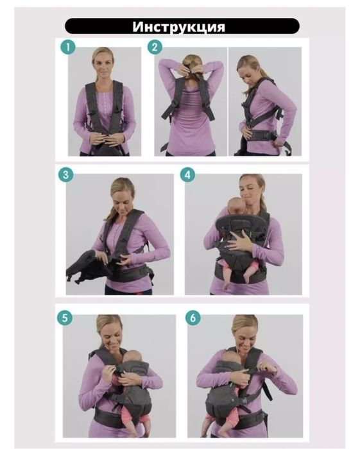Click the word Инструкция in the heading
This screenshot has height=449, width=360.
pyautogui.click(x=178, y=27)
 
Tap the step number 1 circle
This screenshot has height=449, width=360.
pyautogui.click(x=68, y=47)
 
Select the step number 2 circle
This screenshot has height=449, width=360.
pyautogui.click(x=155, y=47)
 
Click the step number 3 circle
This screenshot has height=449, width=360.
pyautogui.click(x=65, y=174)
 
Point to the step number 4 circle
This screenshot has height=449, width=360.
pyautogui.click(x=187, y=174)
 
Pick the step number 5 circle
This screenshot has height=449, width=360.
pyautogui.click(x=64, y=318)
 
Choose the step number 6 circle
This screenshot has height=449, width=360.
pyautogui.click(x=193, y=318)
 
